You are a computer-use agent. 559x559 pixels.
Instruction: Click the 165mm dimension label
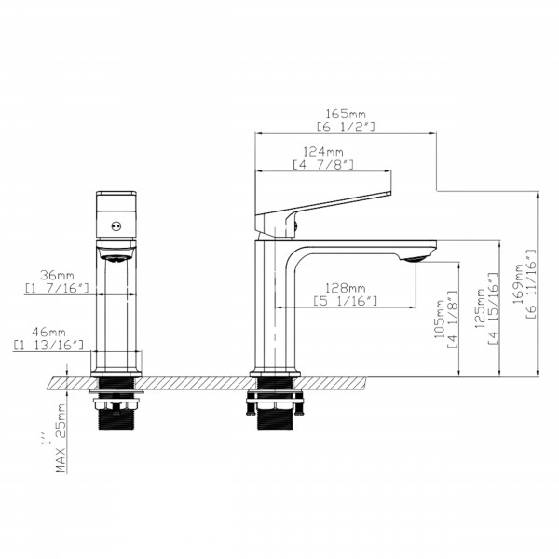(x=346, y=114)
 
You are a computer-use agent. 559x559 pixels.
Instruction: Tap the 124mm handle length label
(x=323, y=152)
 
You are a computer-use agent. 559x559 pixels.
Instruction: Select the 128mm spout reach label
(x=345, y=288)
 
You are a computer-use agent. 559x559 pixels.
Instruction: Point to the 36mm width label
(x=57, y=275)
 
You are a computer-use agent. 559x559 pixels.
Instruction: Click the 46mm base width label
(x=48, y=332)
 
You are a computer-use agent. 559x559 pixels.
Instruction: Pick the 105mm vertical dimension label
(x=439, y=319)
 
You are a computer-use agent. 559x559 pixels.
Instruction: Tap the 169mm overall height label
(x=518, y=284)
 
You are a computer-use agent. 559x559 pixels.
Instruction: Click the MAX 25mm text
(x=61, y=438)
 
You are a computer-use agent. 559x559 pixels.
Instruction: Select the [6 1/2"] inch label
(x=346, y=128)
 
